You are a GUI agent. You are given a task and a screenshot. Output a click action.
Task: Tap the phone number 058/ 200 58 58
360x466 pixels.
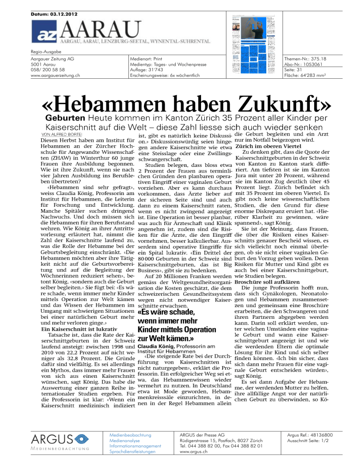point(58,68)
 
